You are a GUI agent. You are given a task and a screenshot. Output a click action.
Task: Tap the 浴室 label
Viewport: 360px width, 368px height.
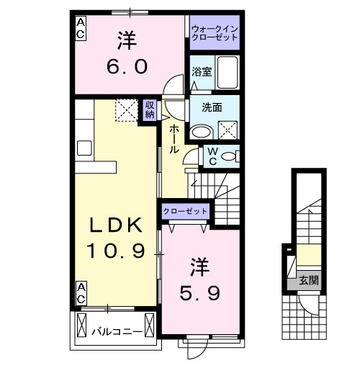coord(201,71)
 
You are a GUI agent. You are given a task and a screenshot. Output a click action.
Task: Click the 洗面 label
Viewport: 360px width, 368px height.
coord(211,107)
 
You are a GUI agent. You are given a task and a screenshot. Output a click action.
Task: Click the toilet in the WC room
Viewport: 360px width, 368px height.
coord(228,156)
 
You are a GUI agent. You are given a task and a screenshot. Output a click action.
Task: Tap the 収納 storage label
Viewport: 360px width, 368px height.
coord(150,110)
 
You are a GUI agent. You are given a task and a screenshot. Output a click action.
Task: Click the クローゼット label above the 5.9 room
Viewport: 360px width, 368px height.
coord(184,211)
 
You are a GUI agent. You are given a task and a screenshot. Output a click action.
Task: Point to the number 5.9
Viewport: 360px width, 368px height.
coord(200,293)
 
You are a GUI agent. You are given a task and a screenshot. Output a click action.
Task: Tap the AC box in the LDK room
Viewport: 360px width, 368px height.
coord(81,292)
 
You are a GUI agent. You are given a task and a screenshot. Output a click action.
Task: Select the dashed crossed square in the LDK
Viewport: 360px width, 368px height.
coord(127,111)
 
